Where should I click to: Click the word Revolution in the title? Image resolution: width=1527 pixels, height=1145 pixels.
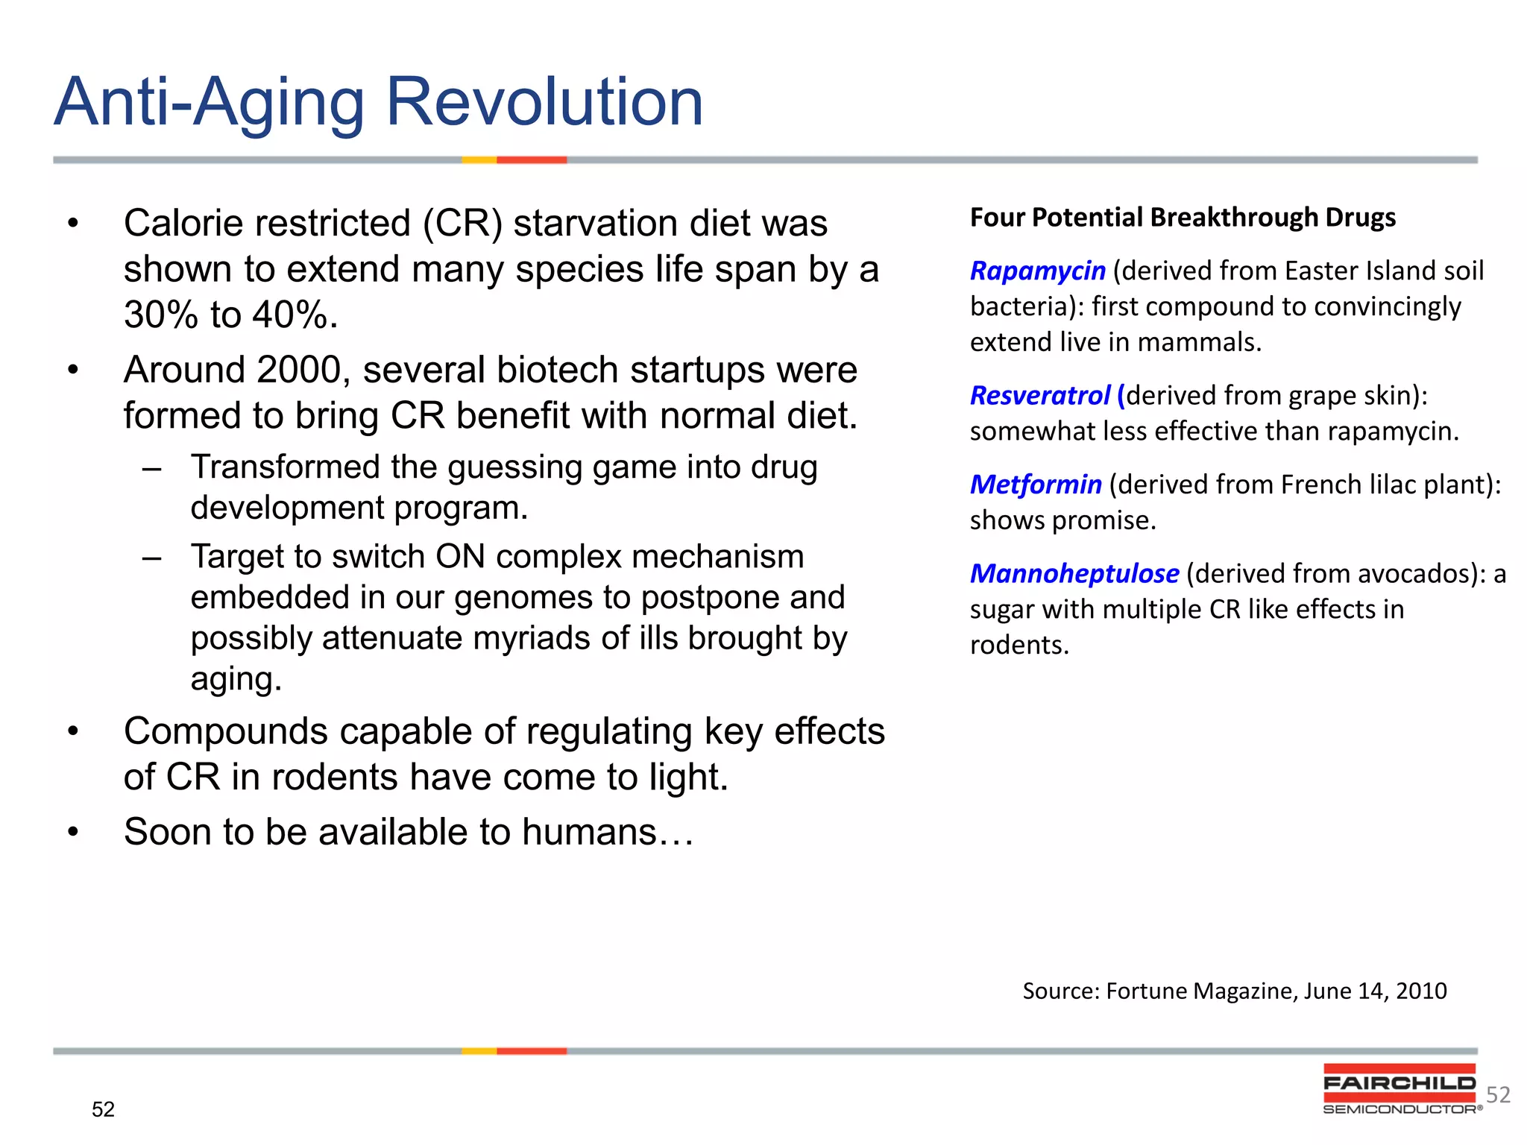click(x=544, y=102)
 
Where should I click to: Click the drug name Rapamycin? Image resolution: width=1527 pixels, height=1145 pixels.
click(x=1037, y=271)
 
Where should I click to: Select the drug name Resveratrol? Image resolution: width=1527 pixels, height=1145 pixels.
click(x=1040, y=395)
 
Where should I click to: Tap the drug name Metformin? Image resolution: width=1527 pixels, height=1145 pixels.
click(x=1036, y=485)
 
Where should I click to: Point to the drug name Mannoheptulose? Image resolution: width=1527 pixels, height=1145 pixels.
click(x=1074, y=573)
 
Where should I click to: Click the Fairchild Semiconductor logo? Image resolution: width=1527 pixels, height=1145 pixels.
click(x=1400, y=1089)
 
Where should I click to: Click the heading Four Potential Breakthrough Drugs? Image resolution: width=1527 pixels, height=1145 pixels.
click(x=1183, y=217)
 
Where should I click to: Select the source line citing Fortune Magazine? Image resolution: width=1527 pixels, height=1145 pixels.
click(x=1234, y=991)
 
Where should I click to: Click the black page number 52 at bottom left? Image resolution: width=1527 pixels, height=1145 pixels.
click(x=103, y=1109)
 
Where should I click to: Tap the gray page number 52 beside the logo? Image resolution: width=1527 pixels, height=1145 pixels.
click(x=1498, y=1094)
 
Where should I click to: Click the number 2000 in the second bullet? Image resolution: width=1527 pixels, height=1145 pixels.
click(x=298, y=370)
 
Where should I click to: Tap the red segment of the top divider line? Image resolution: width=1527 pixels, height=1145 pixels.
click(x=532, y=160)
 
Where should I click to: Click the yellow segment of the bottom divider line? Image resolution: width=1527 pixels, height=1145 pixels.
click(x=479, y=1051)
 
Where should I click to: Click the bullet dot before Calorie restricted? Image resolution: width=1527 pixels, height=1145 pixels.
click(x=72, y=224)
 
